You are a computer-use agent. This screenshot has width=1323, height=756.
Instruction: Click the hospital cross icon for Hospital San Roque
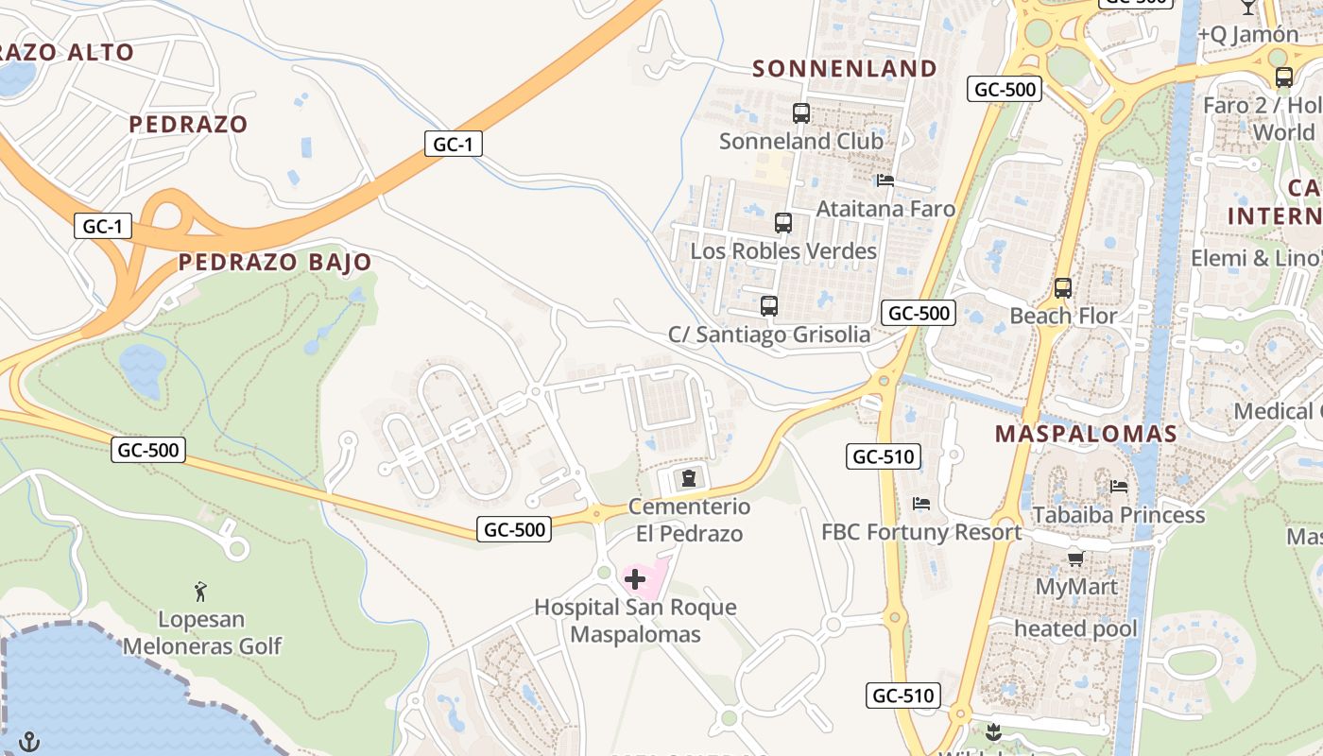pyautogui.click(x=635, y=578)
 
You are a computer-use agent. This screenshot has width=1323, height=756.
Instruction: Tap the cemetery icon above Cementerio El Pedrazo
pyautogui.click(x=688, y=477)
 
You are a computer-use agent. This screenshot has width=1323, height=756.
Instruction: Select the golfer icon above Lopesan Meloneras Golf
pyautogui.click(x=200, y=593)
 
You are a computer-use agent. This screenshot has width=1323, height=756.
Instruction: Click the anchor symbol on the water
pyautogui.click(x=29, y=741)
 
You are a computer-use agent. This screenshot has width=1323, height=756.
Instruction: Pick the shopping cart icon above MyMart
pyautogui.click(x=1075, y=558)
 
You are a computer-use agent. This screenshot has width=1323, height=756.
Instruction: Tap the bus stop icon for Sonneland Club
pyautogui.click(x=801, y=113)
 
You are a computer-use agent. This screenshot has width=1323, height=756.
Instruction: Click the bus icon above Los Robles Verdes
pyautogui.click(x=783, y=223)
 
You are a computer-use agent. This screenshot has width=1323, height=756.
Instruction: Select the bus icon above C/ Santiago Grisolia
pyautogui.click(x=769, y=306)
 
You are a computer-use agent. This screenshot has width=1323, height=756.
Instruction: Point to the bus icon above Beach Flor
pyautogui.click(x=1063, y=287)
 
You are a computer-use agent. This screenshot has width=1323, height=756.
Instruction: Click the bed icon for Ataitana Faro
pyautogui.click(x=885, y=180)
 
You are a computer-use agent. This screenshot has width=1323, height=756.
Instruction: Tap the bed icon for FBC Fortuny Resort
pyautogui.click(x=921, y=503)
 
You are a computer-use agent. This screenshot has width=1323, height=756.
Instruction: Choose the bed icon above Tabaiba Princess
pyautogui.click(x=1119, y=487)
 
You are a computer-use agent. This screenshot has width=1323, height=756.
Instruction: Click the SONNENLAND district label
pyautogui.click(x=845, y=68)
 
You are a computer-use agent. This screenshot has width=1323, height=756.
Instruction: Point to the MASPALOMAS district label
pyautogui.click(x=1087, y=434)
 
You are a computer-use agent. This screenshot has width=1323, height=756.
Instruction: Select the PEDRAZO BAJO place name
pyautogui.click(x=275, y=262)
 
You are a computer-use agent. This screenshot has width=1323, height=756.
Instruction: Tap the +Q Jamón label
pyautogui.click(x=1248, y=34)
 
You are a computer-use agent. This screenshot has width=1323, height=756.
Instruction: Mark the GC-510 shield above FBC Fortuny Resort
pyautogui.click(x=883, y=457)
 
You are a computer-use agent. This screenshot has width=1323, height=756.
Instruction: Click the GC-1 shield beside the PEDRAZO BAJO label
pyautogui.click(x=103, y=227)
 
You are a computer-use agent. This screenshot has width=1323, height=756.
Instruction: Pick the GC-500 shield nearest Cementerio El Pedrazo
pyautogui.click(x=515, y=529)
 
